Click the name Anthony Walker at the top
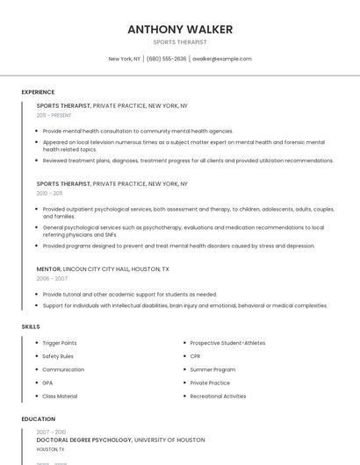(x=180, y=29)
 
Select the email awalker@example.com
(x=221, y=59)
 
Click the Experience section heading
(x=38, y=92)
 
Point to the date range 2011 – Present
(x=54, y=115)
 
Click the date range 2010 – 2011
(x=49, y=193)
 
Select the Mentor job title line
(x=103, y=269)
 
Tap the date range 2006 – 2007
(x=52, y=278)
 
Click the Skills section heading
(x=31, y=326)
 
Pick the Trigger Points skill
(x=60, y=343)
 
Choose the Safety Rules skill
(x=58, y=356)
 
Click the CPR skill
(x=195, y=356)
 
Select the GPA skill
(x=48, y=383)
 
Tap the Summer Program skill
(x=212, y=369)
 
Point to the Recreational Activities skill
(x=218, y=396)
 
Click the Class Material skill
(x=60, y=396)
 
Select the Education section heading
(x=38, y=419)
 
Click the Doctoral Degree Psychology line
(x=120, y=440)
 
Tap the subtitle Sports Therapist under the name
(x=180, y=42)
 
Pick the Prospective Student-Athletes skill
(x=227, y=343)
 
